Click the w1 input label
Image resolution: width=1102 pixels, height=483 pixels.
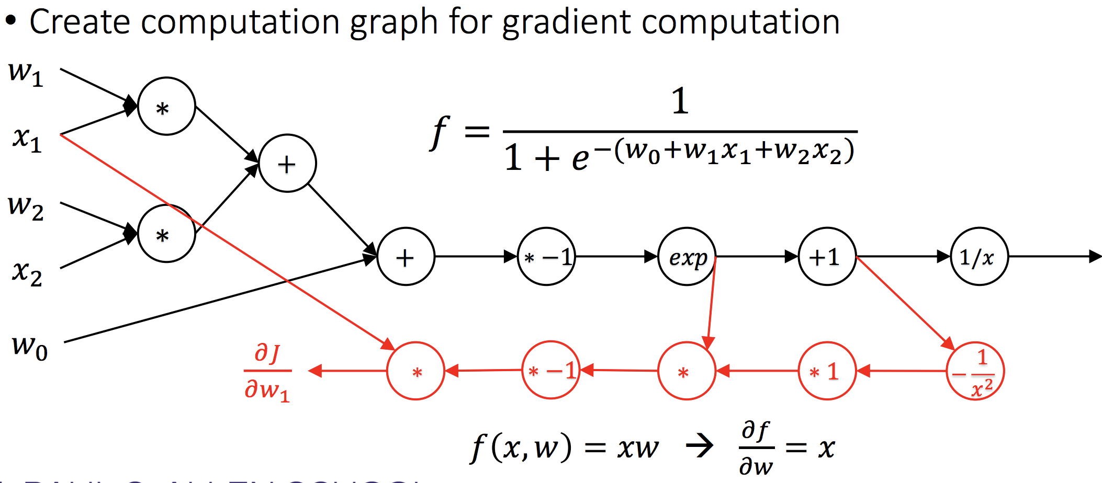pos(25,73)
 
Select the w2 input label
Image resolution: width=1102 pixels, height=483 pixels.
pos(25,207)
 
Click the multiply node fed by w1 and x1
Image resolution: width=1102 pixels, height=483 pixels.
pos(166,107)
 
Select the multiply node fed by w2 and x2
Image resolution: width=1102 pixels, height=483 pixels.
pos(166,234)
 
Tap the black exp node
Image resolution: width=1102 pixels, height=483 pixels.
pos(687,257)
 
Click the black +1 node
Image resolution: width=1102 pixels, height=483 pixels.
pos(827,257)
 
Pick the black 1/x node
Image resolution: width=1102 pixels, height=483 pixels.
pos(979,257)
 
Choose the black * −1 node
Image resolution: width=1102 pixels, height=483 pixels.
pos(546,257)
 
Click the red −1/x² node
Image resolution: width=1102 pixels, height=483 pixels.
pos(975,371)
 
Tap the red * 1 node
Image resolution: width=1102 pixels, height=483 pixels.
pos(827,371)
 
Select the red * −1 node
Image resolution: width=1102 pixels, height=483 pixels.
pos(551,371)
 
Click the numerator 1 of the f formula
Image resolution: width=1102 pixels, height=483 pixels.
pos(680,100)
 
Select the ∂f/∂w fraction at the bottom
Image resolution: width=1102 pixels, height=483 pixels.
pos(756,448)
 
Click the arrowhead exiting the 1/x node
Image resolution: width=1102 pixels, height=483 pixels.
pos(1095,257)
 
